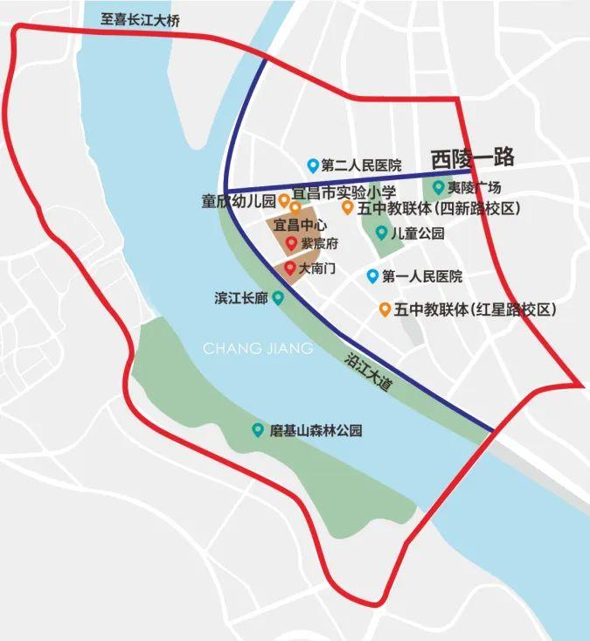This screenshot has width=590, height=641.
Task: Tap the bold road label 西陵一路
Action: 472,158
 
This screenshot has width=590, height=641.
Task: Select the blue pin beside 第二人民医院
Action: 313,164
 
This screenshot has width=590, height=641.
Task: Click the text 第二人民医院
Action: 361,165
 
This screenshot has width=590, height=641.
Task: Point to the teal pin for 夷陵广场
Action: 438,186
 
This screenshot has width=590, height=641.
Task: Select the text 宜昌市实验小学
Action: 344,192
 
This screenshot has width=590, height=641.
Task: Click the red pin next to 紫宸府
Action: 291,242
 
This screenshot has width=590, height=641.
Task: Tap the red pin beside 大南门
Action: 289,267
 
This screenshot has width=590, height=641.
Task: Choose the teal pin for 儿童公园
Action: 381,233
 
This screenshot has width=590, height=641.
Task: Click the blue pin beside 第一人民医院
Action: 372,276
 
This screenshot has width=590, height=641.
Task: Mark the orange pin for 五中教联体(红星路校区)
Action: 385,309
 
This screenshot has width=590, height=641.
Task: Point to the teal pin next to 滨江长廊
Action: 278,297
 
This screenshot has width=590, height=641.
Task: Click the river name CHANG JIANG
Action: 257,349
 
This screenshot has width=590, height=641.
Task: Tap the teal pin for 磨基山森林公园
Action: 258,429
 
